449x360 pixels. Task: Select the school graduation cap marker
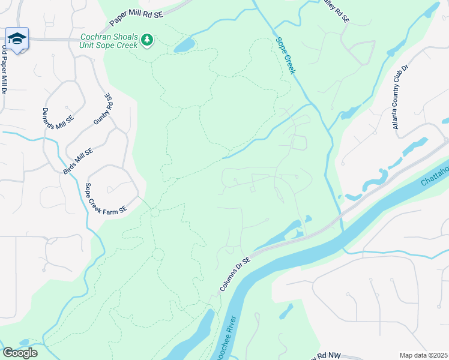click(x=17, y=38)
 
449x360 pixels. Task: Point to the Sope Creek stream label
click(x=286, y=56)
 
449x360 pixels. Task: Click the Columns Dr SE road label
click(x=234, y=274)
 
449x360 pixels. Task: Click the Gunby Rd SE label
click(x=103, y=109)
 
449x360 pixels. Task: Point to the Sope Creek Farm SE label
click(x=106, y=198)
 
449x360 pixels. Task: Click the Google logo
click(x=20, y=353)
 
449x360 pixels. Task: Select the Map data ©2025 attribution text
click(x=423, y=355)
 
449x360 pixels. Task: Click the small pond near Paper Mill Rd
click(x=185, y=45)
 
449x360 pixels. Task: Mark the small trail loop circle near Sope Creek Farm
click(x=155, y=212)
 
